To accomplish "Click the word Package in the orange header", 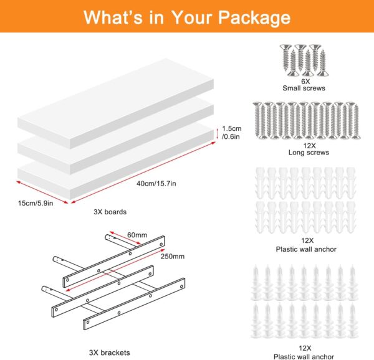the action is point(254,18).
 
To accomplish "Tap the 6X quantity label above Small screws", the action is point(305,82).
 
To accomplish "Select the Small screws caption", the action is point(304,88).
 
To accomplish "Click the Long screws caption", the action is point(309,153).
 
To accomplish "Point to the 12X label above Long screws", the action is point(309,146).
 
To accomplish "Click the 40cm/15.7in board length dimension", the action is point(156,184).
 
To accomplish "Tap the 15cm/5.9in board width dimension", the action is point(36,203).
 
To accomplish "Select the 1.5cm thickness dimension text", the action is point(232,129).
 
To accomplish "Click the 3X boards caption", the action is point(110,212).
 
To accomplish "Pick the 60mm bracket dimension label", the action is point(137,235).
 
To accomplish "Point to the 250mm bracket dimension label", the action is point(172,257).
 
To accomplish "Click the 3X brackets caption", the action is point(110,353).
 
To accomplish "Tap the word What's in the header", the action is point(113,17).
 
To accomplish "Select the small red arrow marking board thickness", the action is point(218,134).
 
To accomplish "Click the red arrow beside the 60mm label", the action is point(125,238).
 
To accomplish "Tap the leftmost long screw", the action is point(258,120).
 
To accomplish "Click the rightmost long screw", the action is point(355,121).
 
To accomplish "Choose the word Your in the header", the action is point(192,17).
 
